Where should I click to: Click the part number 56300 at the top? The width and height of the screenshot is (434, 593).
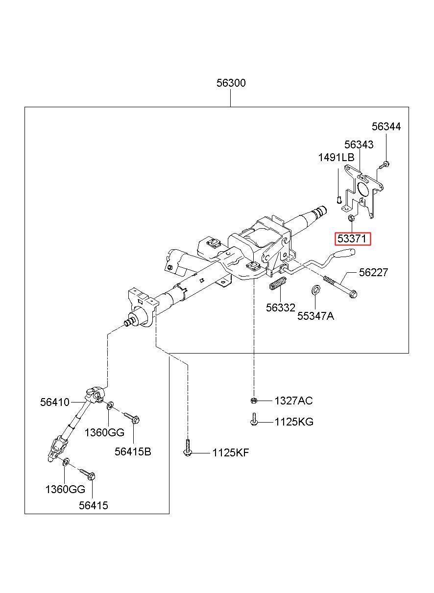[231, 83]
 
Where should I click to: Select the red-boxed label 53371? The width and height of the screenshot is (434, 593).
[353, 239]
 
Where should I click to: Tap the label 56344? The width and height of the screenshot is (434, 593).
[386, 126]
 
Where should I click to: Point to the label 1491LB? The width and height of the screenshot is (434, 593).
[336, 158]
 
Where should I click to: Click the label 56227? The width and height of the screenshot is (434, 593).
[373, 272]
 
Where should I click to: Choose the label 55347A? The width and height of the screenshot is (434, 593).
[315, 316]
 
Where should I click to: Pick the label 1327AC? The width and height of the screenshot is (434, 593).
[293, 401]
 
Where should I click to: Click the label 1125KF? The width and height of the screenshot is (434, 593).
[231, 452]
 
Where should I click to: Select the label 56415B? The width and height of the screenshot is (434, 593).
[133, 451]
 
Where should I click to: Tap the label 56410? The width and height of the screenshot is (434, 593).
[54, 402]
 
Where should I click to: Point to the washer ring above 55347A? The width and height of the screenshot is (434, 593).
[315, 289]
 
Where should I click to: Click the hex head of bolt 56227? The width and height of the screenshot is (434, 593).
[353, 294]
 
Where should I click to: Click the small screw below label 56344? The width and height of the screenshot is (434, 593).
[384, 165]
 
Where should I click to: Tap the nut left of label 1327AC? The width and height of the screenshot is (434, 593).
[253, 400]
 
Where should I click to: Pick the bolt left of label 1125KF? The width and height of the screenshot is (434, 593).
[187, 448]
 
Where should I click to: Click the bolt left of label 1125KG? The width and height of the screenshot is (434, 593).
[254, 419]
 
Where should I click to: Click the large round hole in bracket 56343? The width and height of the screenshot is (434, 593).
[362, 189]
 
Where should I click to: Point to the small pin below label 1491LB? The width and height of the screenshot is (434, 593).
[338, 200]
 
